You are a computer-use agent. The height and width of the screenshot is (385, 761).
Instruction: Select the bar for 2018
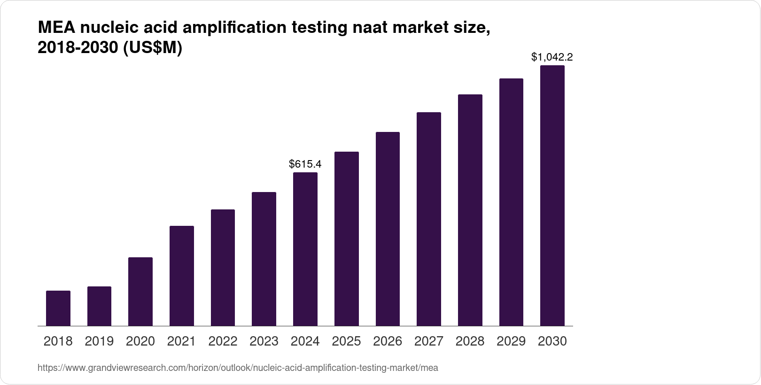58,308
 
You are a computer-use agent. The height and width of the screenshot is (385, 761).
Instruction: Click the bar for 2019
99,306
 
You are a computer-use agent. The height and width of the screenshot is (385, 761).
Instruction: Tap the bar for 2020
140,292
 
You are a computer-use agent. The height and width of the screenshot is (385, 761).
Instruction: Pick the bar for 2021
182,276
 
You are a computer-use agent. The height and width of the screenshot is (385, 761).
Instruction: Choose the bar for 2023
264,259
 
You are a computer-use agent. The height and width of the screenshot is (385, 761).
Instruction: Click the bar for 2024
305,249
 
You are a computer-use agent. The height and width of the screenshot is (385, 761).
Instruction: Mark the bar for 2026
388,229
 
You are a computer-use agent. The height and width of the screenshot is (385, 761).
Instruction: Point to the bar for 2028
470,210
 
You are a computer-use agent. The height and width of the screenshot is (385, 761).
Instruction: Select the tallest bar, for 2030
552,195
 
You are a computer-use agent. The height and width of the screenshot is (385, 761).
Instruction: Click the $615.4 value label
305,164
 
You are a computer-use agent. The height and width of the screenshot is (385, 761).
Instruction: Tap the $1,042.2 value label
552,57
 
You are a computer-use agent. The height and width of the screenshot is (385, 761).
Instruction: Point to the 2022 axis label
223,341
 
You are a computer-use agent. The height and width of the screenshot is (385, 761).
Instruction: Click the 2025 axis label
346,341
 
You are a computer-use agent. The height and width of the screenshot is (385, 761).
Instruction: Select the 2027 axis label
429,341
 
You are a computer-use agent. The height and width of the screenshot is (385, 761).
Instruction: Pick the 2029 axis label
511,341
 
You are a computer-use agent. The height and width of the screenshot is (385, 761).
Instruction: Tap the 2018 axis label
58,341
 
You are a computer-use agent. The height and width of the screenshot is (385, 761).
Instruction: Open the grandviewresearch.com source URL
238,368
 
